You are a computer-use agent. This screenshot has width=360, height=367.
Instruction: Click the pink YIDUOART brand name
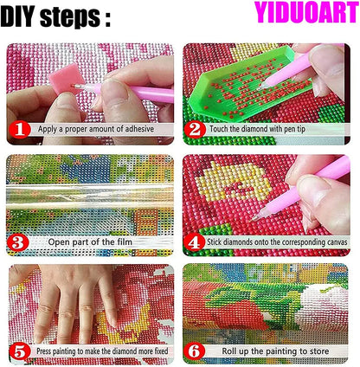(306, 12)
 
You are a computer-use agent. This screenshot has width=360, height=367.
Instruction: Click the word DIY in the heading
(18, 16)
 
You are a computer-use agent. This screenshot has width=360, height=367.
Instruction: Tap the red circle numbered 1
(20, 130)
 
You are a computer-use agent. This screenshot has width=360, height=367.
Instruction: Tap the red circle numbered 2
(195, 130)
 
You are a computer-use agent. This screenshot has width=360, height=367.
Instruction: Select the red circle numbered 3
(18, 242)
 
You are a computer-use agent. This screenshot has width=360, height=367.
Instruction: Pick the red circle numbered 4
(194, 242)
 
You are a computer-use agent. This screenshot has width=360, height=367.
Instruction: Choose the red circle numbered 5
(20, 351)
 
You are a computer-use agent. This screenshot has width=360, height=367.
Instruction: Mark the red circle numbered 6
(195, 351)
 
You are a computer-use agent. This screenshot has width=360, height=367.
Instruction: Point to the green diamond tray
(246, 85)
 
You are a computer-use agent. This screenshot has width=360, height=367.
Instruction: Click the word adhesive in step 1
(139, 129)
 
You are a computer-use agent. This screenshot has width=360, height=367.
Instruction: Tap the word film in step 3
(125, 241)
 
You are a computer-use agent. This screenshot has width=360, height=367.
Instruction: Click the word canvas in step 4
(335, 242)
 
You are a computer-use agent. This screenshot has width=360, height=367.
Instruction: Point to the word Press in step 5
(44, 351)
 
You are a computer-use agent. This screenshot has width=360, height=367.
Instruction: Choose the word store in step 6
(318, 351)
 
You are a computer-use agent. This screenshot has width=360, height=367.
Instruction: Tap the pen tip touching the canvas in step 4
(254, 220)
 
